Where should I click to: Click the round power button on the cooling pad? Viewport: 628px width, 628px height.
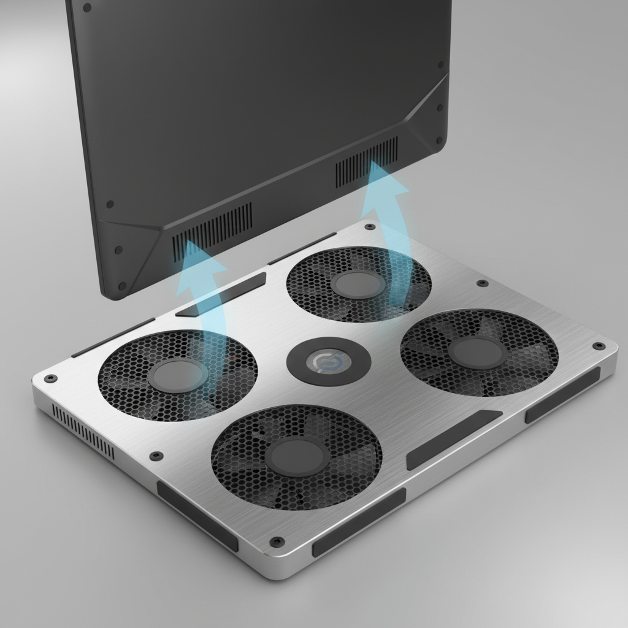[328, 362]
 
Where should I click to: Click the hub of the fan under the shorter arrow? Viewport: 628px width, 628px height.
[178, 375]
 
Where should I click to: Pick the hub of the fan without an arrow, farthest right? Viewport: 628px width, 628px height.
[478, 352]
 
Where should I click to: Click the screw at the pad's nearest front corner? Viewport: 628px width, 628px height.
[277, 542]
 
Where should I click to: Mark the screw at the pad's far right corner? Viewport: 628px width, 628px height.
[598, 346]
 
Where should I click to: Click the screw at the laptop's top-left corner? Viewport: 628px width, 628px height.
[86, 8]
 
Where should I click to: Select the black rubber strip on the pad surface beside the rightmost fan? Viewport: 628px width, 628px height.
[453, 439]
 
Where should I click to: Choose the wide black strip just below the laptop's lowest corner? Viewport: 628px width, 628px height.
[221, 294]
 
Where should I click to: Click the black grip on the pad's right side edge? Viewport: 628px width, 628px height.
[562, 395]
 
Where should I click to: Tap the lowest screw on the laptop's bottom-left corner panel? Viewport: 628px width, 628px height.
[121, 286]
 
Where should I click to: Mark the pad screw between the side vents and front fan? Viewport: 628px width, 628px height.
[156, 456]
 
